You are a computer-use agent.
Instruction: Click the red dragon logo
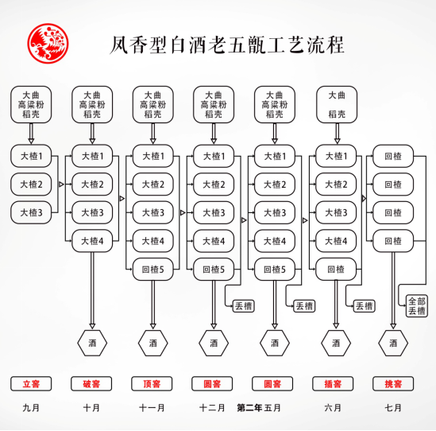48,44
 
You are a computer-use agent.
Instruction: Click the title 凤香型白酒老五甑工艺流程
227,45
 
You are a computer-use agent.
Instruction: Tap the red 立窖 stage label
31,384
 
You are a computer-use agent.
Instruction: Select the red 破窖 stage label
91,384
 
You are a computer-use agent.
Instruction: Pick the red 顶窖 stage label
152,384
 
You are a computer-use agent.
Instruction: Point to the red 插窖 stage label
333,384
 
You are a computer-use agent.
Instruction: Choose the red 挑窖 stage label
393,384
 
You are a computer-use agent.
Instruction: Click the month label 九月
31,408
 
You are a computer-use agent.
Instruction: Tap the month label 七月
393,408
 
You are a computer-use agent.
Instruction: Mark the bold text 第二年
249,408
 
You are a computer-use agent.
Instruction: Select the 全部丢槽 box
416,305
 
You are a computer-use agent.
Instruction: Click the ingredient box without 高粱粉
337,104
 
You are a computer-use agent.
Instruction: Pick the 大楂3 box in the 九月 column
31,212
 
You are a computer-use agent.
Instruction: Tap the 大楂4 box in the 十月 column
92,241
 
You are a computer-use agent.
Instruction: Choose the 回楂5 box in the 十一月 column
153,270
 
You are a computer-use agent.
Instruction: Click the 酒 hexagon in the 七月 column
393,343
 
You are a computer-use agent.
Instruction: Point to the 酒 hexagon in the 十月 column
92,343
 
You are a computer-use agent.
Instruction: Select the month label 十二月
212,408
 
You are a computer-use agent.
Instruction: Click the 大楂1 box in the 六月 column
336,156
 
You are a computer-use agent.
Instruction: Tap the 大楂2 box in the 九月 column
31,184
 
